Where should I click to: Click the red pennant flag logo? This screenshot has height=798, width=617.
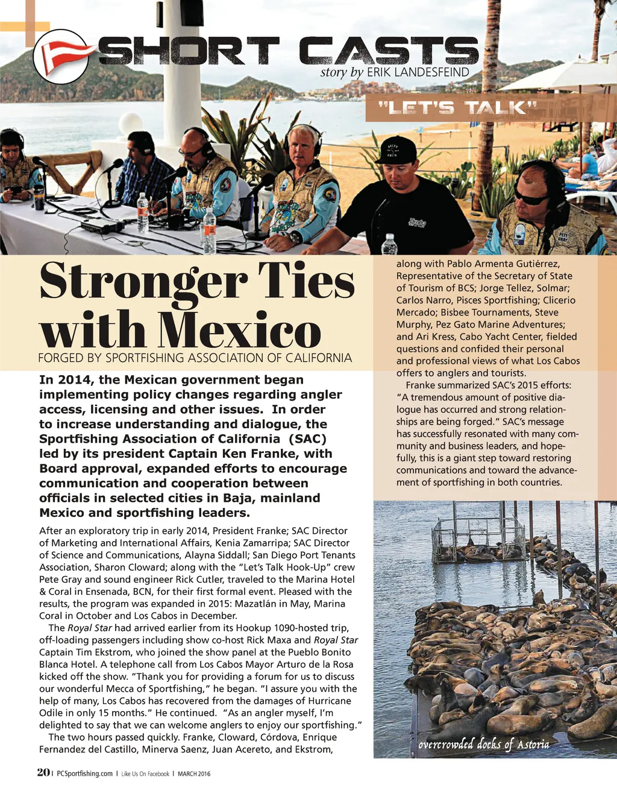tap(60, 55)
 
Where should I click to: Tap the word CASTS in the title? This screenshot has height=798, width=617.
tap(389, 51)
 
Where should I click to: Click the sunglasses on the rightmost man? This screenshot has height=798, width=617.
tap(530, 197)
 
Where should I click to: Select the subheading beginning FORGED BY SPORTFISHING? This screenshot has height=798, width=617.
tap(195, 358)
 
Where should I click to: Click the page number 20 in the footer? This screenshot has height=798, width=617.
tap(43, 773)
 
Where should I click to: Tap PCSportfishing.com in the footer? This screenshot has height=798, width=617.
tap(84, 774)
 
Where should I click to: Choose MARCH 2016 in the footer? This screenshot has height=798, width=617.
tap(194, 774)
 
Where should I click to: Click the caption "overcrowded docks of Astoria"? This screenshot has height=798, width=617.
tap(483, 744)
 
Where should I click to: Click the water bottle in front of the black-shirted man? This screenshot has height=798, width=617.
tap(390, 244)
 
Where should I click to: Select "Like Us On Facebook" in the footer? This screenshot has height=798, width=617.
tap(145, 774)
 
